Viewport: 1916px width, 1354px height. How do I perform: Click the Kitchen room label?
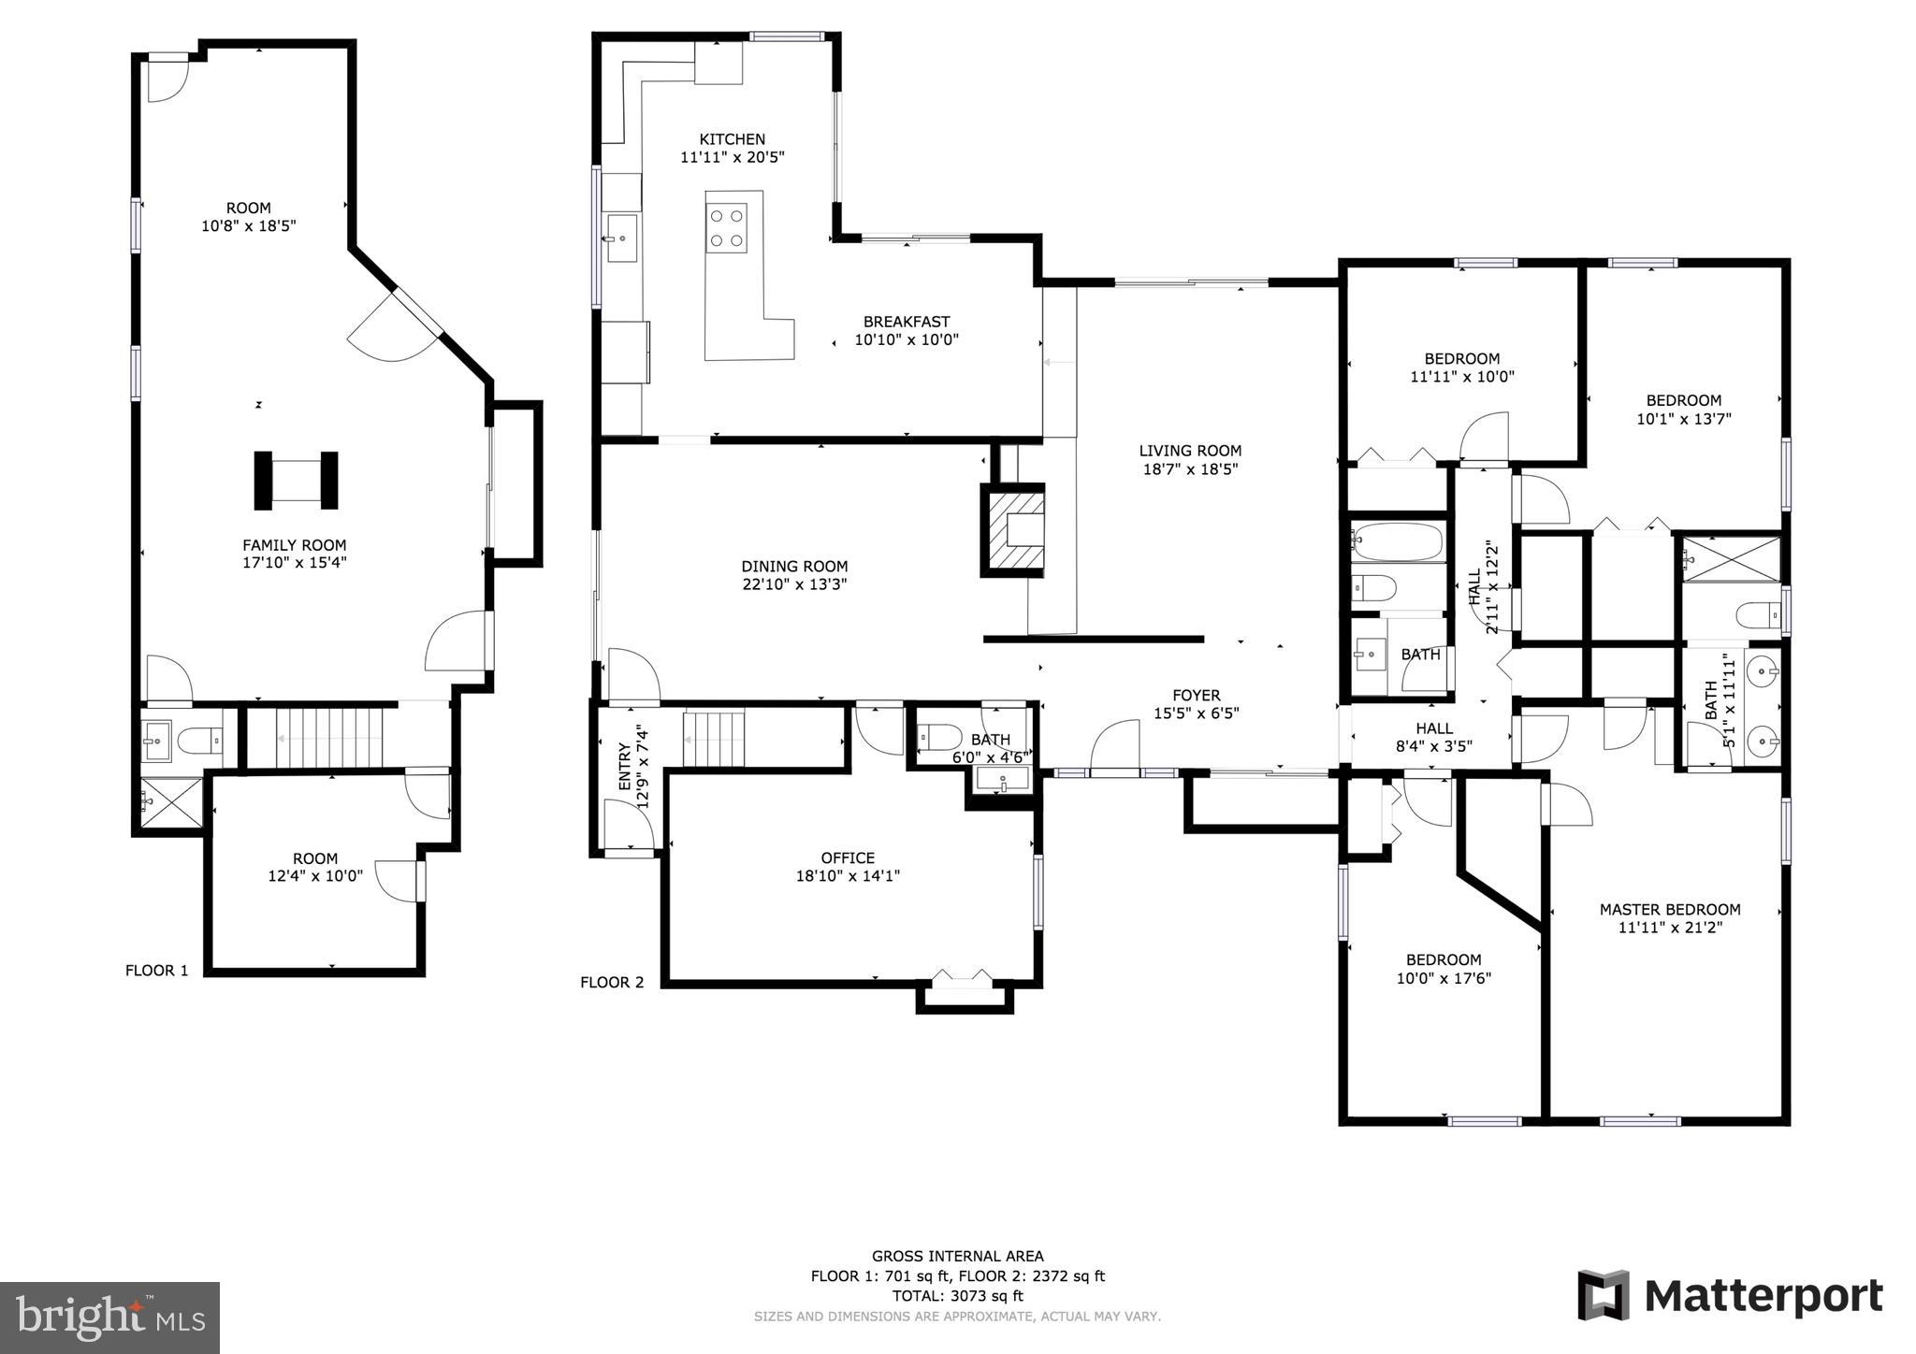click(x=732, y=139)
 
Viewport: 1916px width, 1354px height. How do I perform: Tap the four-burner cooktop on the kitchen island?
click(x=727, y=228)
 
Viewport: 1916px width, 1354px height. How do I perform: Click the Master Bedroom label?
click(x=1669, y=909)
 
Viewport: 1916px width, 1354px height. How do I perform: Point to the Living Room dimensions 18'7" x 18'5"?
click(x=1190, y=469)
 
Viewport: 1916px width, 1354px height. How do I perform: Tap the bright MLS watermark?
click(x=109, y=1318)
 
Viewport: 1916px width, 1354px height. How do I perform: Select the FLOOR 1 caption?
click(x=157, y=971)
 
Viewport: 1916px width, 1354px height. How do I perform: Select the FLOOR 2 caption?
click(x=612, y=982)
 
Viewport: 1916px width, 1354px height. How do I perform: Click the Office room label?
click(x=848, y=857)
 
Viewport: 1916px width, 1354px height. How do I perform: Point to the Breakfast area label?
click(x=906, y=322)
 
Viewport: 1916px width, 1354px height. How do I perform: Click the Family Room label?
click(x=294, y=545)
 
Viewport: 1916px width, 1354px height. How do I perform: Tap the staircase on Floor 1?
click(x=330, y=738)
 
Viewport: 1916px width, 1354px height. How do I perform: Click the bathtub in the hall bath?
click(x=1397, y=542)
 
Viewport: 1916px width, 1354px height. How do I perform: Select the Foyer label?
click(x=1196, y=695)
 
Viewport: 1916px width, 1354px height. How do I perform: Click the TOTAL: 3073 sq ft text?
click(x=957, y=1296)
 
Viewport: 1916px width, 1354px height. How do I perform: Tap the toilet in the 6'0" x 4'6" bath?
click(x=939, y=737)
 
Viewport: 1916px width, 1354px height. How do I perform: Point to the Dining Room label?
click(x=794, y=566)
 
